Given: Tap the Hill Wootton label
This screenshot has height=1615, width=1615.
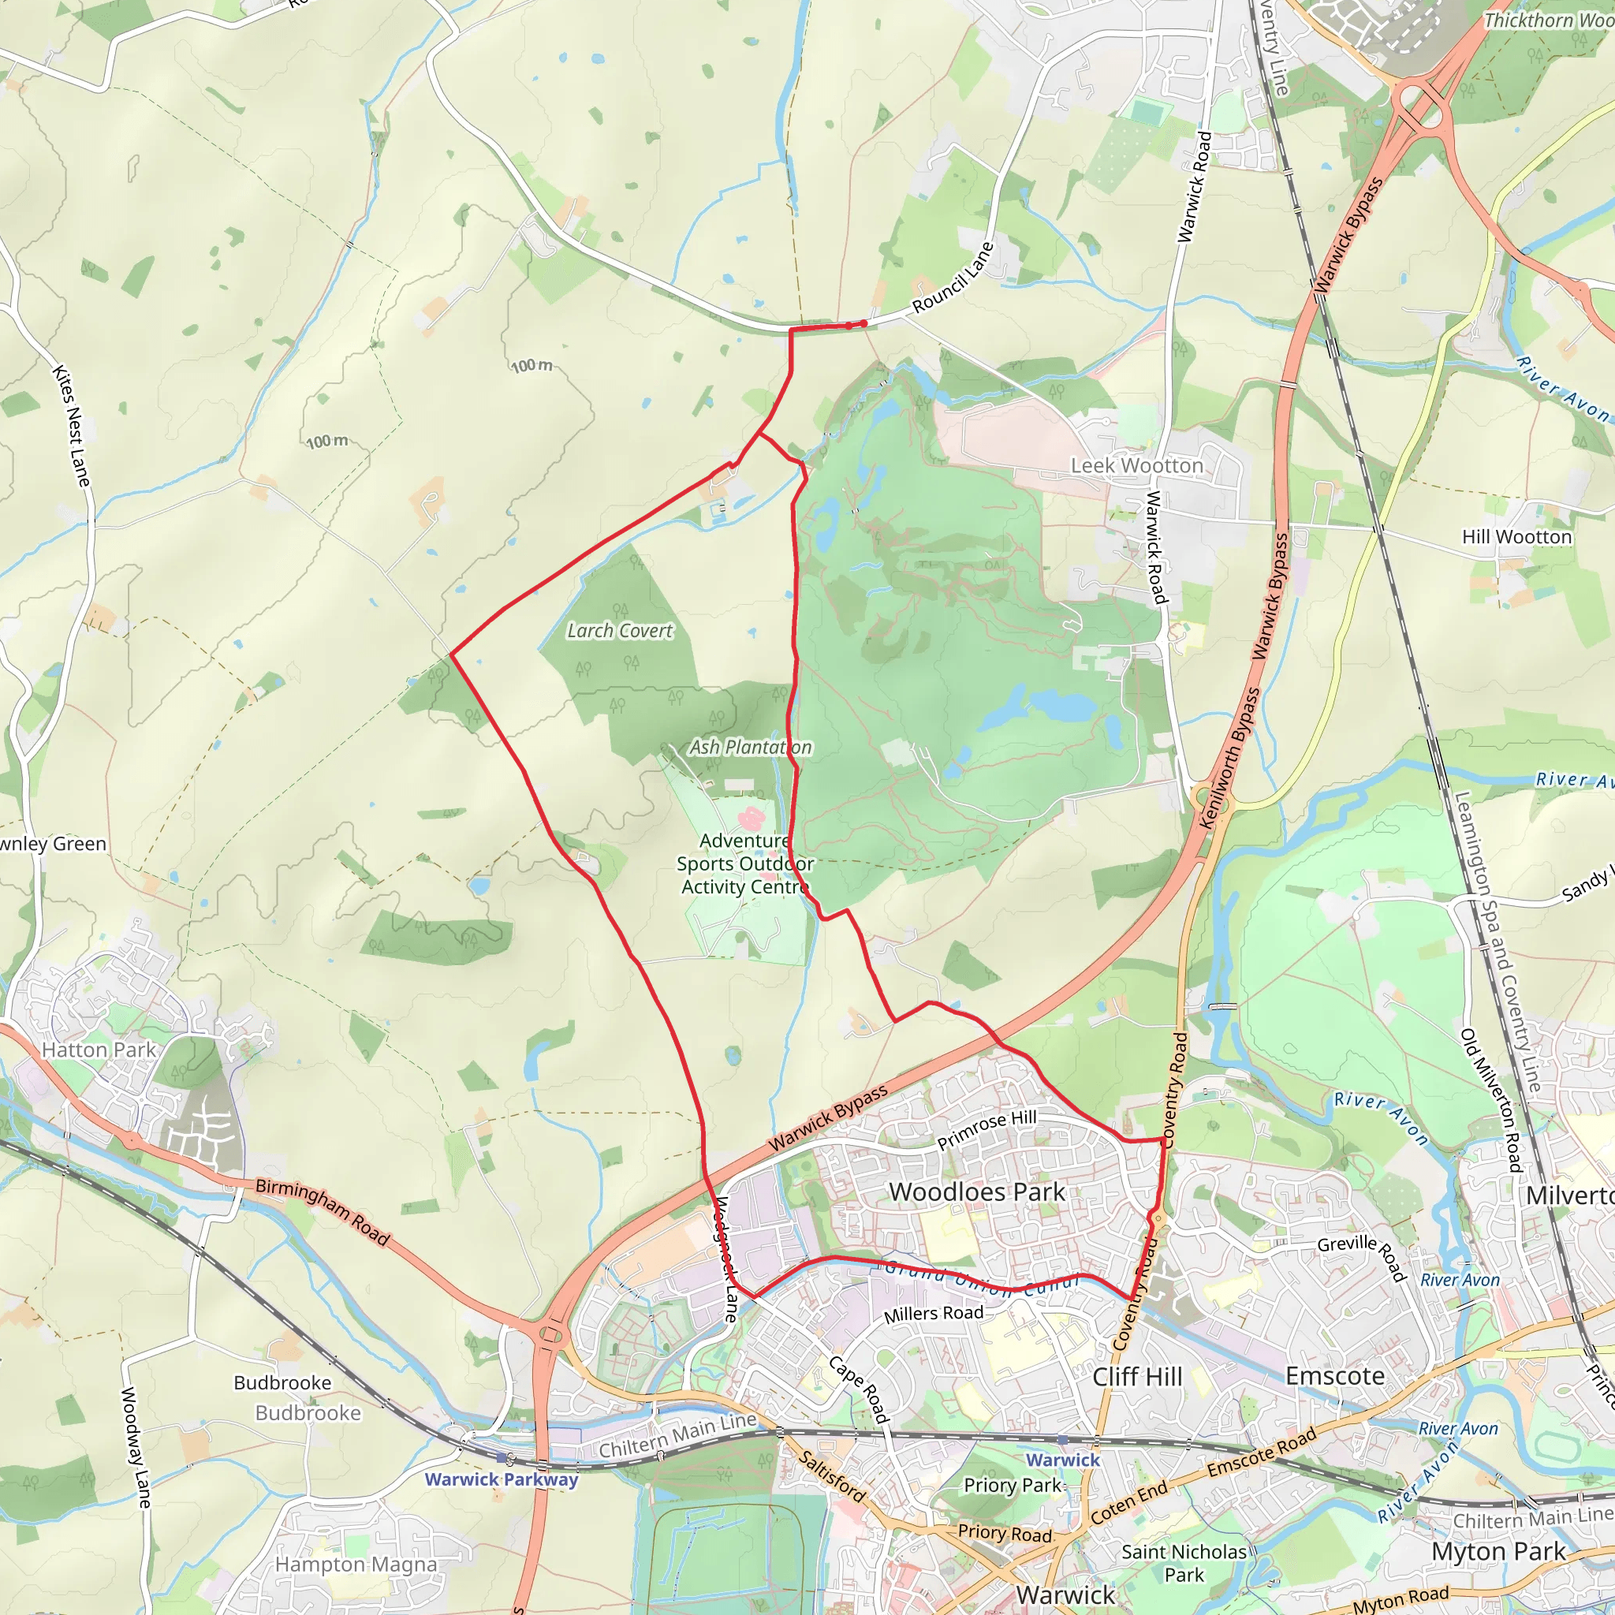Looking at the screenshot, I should coord(1516,537).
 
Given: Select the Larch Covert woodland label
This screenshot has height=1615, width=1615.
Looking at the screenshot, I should coord(619,631).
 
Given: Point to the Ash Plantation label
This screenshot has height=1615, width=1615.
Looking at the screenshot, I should coord(750,748).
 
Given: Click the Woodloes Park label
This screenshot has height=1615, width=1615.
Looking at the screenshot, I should coord(977,1192).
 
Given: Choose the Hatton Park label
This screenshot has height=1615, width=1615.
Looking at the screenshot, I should coord(99,1050).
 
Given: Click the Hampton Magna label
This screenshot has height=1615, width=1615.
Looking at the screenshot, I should coord(356,1564).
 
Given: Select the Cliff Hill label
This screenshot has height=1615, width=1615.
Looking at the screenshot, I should coord(1137,1377).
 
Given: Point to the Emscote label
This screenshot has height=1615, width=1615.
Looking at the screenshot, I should coord(1334,1376).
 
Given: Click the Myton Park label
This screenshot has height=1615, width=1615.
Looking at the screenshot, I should coord(1498,1551).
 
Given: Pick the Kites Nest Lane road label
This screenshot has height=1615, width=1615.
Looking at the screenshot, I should coord(71,426).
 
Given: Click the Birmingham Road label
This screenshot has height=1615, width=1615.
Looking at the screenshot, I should coord(323,1211).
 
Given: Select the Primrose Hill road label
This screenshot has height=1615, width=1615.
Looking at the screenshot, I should coord(987,1130).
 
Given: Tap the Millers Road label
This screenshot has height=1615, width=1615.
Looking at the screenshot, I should coord(934,1313).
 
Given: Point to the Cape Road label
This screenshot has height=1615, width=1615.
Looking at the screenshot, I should coord(858,1389).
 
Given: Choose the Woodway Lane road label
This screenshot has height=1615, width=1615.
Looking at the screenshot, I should coord(136,1447).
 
